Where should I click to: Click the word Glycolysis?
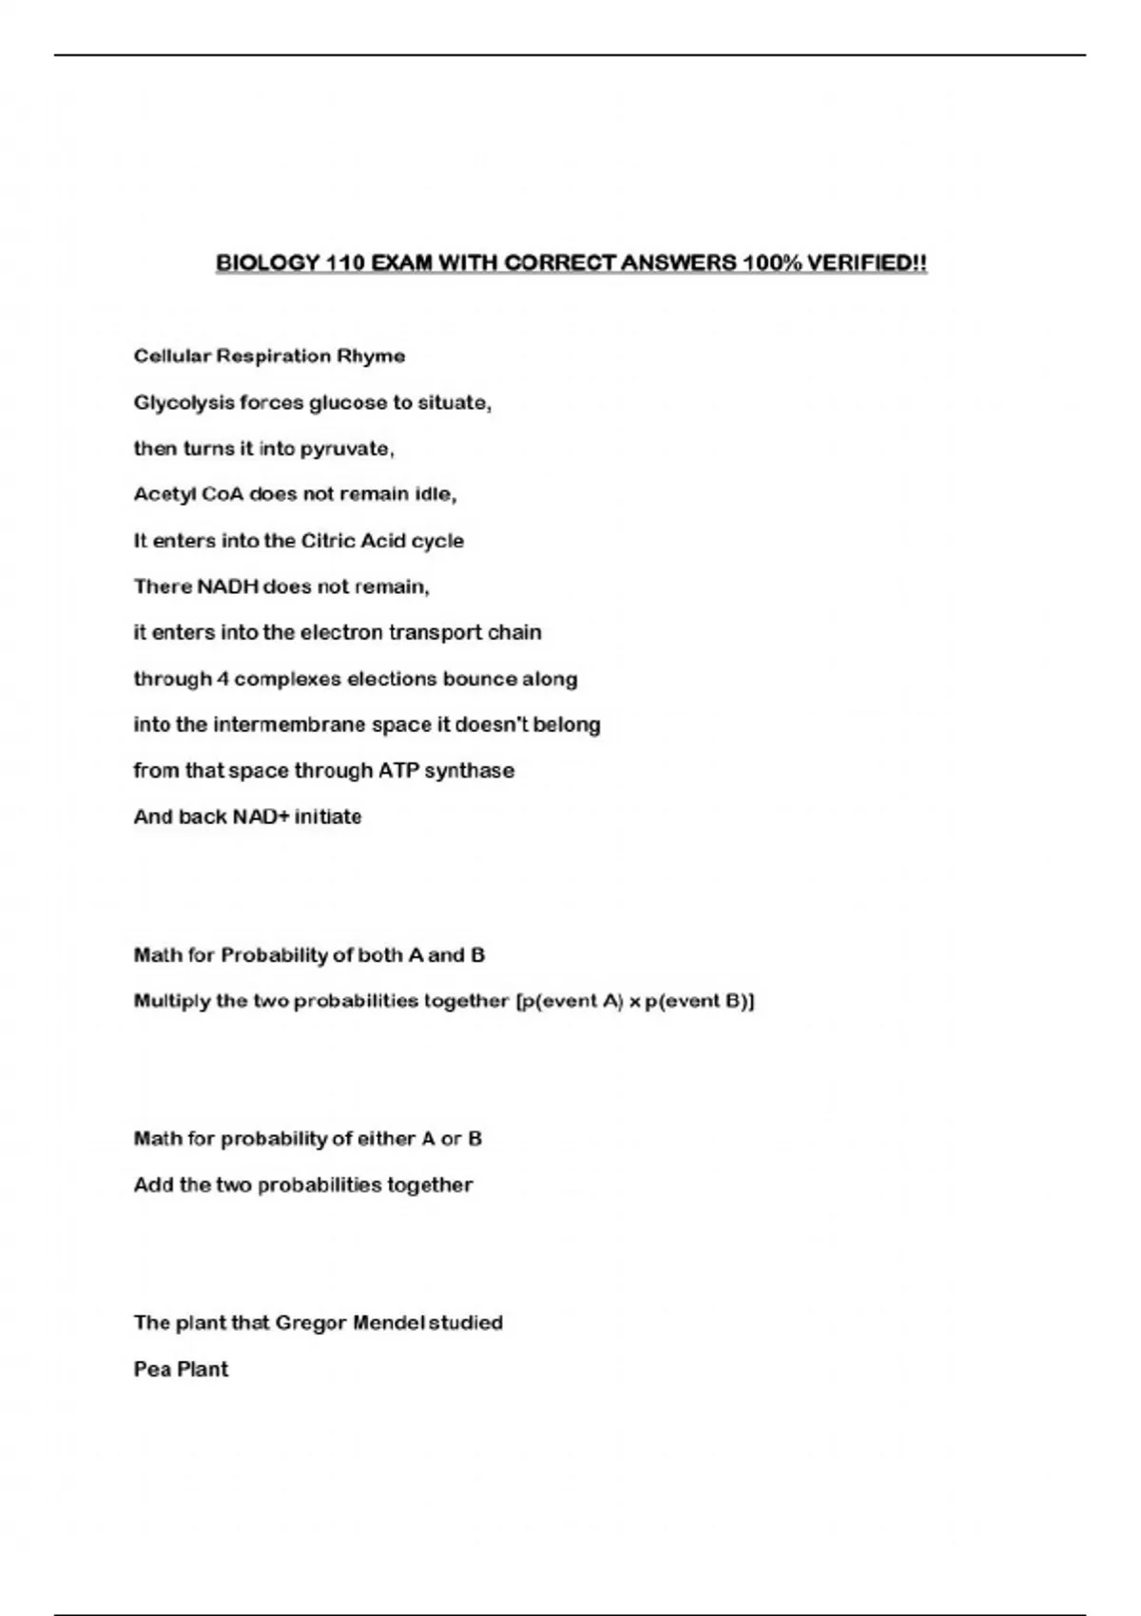coord(184,403)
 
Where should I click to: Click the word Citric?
coord(327,541)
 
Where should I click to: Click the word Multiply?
coord(172,1001)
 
